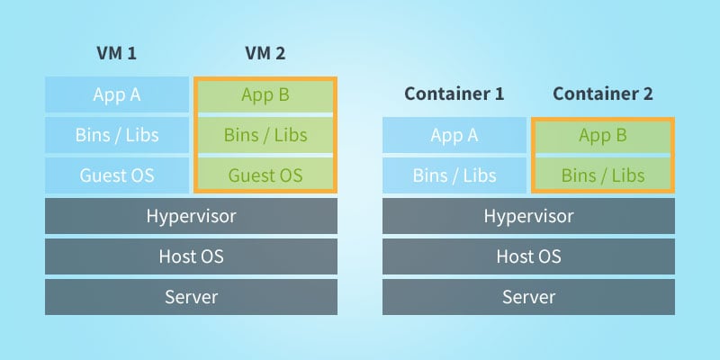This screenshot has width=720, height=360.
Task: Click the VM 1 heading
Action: (x=117, y=53)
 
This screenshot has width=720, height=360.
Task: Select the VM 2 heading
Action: (x=265, y=53)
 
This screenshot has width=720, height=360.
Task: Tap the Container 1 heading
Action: (x=454, y=94)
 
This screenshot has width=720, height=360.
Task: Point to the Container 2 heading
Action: (x=602, y=94)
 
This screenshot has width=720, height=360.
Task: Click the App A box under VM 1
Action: (x=117, y=94)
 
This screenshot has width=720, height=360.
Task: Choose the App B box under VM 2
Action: (x=265, y=94)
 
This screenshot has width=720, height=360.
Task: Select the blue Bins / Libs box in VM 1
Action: (x=117, y=135)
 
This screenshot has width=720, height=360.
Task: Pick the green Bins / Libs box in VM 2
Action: (x=265, y=135)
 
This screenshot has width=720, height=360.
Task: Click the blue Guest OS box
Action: (x=117, y=175)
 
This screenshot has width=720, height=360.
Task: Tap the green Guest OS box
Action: (x=265, y=175)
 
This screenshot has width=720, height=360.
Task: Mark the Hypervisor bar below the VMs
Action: (x=191, y=216)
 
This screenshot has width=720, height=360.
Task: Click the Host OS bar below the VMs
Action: (x=191, y=256)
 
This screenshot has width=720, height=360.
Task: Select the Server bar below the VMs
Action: (x=191, y=297)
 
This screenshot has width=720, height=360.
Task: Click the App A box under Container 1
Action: (x=454, y=135)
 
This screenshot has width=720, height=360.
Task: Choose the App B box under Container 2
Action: (x=602, y=135)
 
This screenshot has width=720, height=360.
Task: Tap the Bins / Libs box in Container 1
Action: (x=454, y=175)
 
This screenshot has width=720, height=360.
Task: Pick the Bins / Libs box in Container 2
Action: (x=602, y=175)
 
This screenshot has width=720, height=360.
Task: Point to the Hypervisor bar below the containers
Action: (x=528, y=216)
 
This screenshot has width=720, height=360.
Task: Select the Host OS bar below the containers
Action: (x=528, y=256)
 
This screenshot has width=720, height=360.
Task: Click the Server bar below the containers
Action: (x=528, y=297)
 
